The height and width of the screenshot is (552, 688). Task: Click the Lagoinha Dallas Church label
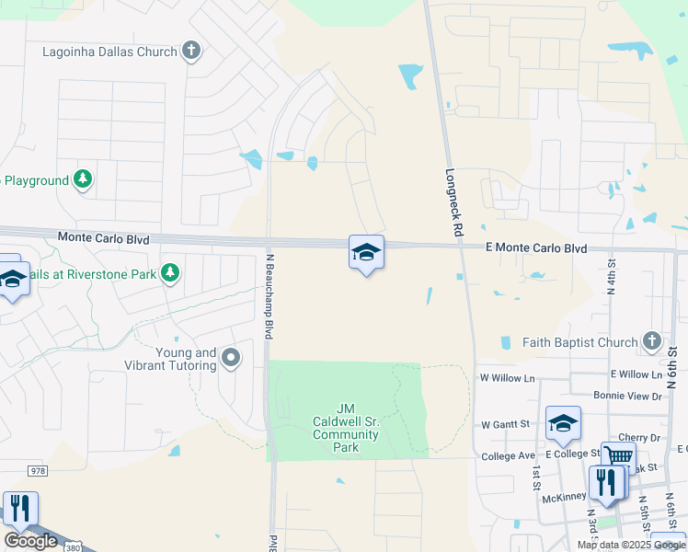pyautogui.click(x=109, y=52)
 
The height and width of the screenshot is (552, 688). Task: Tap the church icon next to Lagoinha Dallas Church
pyautogui.click(x=191, y=51)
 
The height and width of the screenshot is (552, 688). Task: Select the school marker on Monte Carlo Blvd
pyautogui.click(x=366, y=253)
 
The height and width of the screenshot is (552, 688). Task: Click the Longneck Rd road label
pyautogui.click(x=453, y=204)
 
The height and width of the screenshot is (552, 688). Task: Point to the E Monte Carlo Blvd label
pyautogui.click(x=536, y=248)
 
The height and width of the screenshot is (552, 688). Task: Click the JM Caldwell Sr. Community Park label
pyautogui.click(x=346, y=428)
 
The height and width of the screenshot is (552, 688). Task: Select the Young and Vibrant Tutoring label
pyautogui.click(x=170, y=359)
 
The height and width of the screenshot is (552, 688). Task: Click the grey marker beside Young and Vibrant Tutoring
pyautogui.click(x=231, y=357)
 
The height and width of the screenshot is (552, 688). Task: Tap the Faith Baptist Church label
pyautogui.click(x=579, y=342)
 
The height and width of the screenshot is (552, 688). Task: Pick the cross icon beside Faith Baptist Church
pyautogui.click(x=651, y=342)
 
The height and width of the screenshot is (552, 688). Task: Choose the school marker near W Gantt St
pyautogui.click(x=563, y=423)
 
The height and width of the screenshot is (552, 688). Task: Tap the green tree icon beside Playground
pyautogui.click(x=84, y=179)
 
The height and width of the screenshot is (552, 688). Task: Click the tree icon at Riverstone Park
pyautogui.click(x=169, y=272)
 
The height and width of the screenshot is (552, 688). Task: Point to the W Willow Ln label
pyautogui.click(x=507, y=378)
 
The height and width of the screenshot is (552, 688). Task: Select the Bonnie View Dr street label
pyautogui.click(x=627, y=396)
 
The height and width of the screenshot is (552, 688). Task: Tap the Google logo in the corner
pyautogui.click(x=30, y=541)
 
